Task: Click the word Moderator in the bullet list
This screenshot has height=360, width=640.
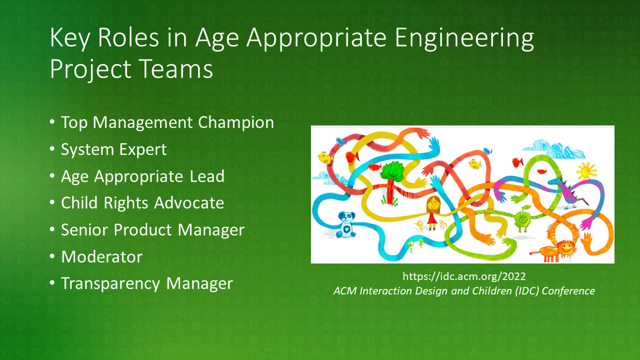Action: [x=101, y=257]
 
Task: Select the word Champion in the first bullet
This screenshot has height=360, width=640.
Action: [x=236, y=123]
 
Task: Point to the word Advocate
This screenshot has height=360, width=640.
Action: [x=189, y=203]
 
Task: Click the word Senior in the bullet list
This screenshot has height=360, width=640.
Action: [x=85, y=230]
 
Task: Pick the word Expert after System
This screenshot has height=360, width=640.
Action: [x=143, y=150]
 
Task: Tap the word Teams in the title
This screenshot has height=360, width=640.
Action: [x=176, y=69]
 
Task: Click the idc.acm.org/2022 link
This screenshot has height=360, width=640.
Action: [x=464, y=276]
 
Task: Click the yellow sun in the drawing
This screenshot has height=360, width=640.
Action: [x=586, y=171]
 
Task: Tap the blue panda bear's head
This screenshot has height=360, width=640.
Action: [x=346, y=217]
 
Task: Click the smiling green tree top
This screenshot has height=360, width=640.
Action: [x=392, y=171]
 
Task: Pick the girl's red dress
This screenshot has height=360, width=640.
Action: [x=432, y=218]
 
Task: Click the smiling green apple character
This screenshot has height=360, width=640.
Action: [x=523, y=218]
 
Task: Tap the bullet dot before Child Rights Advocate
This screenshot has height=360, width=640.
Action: [x=52, y=202]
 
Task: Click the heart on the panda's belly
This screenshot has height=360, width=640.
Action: [x=346, y=229]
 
